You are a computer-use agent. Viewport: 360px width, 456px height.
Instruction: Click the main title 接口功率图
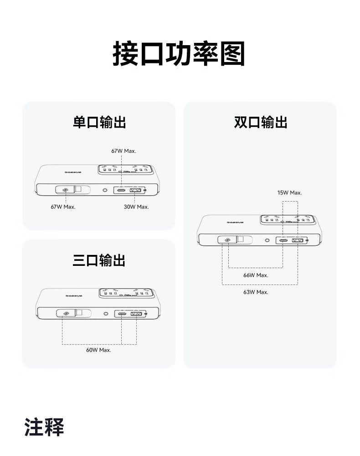click(179, 54)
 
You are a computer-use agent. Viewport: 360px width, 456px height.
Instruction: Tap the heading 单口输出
click(99, 122)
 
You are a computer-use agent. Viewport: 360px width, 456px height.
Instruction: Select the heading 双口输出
click(261, 122)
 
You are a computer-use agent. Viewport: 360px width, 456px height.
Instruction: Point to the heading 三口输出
click(99, 260)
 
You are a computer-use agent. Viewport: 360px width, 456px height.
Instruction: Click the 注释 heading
click(44, 426)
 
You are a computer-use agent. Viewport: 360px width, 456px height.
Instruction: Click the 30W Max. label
click(136, 207)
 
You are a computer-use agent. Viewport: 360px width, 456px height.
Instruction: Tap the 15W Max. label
click(289, 192)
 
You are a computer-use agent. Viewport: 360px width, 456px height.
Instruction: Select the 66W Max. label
click(256, 275)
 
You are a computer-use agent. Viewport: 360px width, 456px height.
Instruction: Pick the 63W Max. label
click(256, 292)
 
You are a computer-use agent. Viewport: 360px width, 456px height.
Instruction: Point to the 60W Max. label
click(98, 350)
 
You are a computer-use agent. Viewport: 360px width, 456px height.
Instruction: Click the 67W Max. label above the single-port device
click(123, 150)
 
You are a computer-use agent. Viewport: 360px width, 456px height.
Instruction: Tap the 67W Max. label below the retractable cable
click(63, 207)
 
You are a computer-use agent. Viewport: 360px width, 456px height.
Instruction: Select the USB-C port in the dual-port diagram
click(283, 240)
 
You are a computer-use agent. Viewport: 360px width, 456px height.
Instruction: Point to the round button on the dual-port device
click(267, 240)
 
